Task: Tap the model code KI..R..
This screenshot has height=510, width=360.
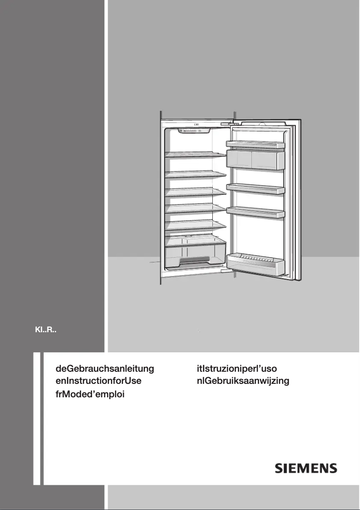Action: tap(45, 331)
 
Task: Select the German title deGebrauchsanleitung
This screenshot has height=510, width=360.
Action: tap(105, 369)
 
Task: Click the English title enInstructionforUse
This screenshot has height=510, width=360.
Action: tap(98, 382)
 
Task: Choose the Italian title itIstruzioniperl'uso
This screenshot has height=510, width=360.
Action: tap(239, 369)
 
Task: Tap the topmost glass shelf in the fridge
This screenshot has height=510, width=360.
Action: tap(196, 154)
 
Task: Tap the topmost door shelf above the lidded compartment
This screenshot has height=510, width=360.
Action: tap(256, 144)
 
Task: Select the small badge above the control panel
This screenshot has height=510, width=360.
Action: tap(197, 125)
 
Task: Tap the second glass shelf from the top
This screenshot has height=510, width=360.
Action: tap(196, 174)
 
